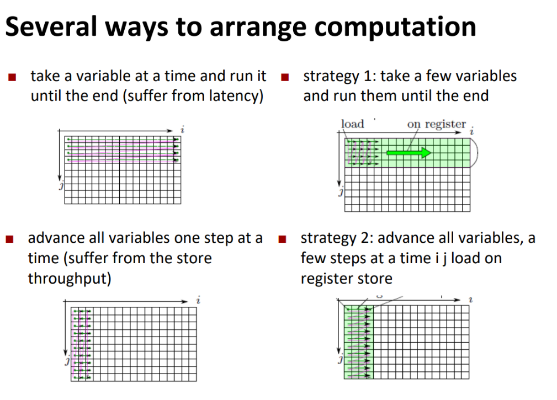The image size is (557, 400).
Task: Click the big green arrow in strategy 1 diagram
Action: click(x=409, y=153)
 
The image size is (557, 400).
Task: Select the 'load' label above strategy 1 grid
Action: click(x=352, y=124)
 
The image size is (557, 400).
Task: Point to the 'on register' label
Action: click(x=436, y=124)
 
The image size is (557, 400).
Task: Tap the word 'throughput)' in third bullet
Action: click(x=70, y=279)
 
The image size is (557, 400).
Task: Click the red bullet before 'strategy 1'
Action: click(x=284, y=77)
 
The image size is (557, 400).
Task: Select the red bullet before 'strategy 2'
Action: click(x=283, y=239)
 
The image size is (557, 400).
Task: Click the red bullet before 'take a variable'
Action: click(x=12, y=77)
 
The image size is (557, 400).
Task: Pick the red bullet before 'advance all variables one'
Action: click(x=9, y=239)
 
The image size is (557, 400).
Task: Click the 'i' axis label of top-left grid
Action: click(x=183, y=130)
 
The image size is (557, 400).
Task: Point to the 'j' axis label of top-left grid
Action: click(x=61, y=185)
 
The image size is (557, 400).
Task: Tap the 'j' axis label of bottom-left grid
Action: click(x=67, y=361)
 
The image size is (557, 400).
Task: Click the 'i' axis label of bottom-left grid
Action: click(x=199, y=300)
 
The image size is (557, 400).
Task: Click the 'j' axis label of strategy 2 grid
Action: click(x=340, y=360)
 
